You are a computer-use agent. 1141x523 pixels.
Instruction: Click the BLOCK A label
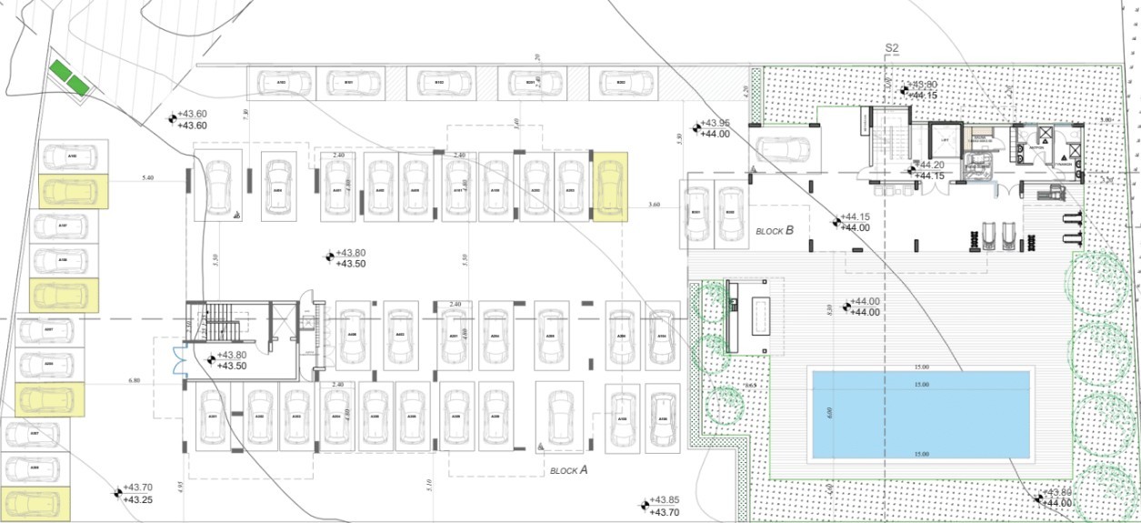569,470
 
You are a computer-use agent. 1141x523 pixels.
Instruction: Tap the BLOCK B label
775,231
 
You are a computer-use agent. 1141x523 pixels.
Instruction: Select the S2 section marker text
891,48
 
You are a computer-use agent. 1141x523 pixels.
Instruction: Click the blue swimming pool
920,414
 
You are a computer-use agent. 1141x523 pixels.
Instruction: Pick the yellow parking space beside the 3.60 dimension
609,187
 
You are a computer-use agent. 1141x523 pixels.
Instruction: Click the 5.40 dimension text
148,178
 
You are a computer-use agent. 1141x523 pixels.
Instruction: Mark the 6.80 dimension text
135,380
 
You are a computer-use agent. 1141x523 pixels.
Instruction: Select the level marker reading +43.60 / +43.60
191,120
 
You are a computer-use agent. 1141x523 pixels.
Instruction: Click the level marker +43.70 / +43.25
136,493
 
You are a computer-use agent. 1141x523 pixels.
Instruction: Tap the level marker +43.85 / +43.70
664,506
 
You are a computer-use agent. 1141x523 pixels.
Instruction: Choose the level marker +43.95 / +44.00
714,128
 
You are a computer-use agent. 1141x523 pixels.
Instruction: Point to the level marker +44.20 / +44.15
927,170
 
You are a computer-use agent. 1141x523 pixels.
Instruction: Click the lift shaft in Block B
945,140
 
